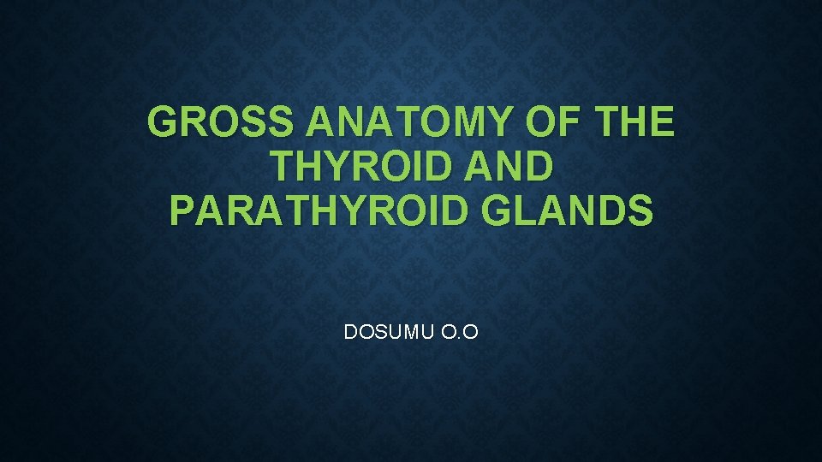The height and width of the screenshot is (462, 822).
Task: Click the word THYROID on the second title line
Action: pyautogui.click(x=360, y=167)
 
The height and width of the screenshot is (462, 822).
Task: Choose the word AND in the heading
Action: pyautogui.click(x=505, y=167)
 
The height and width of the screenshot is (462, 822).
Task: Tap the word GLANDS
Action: pyautogui.click(x=567, y=210)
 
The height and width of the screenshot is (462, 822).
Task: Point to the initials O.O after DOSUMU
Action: pyautogui.click(x=459, y=331)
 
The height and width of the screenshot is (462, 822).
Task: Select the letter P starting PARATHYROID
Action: pyautogui.click(x=183, y=210)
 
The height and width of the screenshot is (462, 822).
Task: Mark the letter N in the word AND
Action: pyautogui.click(x=505, y=167)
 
